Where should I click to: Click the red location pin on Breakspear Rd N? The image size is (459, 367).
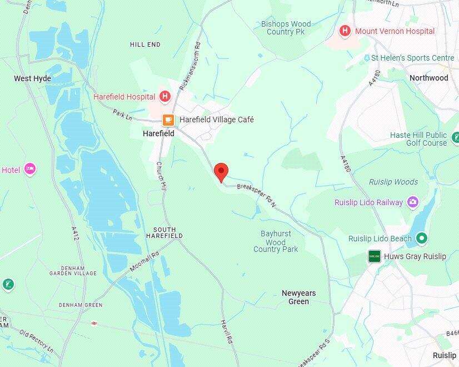[221, 171]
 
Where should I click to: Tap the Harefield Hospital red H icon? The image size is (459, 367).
[164, 97]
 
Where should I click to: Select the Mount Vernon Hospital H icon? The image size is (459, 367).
[345, 31]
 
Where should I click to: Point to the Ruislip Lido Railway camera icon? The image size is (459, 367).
[412, 202]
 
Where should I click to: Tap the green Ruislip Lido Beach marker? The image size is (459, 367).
[422, 239]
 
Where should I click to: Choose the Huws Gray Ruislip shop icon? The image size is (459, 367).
[375, 256]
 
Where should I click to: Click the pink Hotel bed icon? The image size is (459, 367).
[30, 168]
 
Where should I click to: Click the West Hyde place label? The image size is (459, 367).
[32, 78]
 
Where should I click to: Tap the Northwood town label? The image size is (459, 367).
[428, 78]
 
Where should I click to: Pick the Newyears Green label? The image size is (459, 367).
[298, 297]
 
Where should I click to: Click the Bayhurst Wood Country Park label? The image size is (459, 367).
[276, 241]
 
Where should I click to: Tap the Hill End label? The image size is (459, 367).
[145, 44]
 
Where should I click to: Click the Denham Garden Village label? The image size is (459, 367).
[73, 269]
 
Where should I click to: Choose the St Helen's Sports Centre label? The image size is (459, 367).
[412, 58]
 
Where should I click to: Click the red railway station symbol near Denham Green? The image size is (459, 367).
[94, 323]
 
